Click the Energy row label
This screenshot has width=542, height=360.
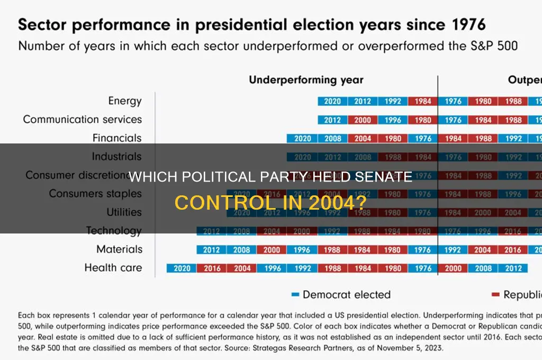click(x=125, y=101)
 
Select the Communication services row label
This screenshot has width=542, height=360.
click(x=82, y=119)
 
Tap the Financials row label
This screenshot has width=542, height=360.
click(x=117, y=138)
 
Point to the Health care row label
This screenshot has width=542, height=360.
click(x=113, y=267)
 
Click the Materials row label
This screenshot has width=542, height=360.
click(x=119, y=249)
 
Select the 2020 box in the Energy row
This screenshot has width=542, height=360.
click(x=332, y=101)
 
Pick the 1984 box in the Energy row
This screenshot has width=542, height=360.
click(x=423, y=101)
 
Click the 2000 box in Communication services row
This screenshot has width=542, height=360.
click(x=363, y=120)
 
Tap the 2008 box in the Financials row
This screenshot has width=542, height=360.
click(x=332, y=138)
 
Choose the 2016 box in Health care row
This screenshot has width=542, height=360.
click(x=212, y=268)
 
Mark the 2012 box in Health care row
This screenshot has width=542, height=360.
click(x=513, y=268)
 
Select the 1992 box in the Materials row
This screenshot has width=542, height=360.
click(x=453, y=249)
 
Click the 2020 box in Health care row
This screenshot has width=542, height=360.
click(x=182, y=268)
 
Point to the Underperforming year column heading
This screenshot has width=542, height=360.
click(x=306, y=80)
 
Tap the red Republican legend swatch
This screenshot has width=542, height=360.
click(x=495, y=294)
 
